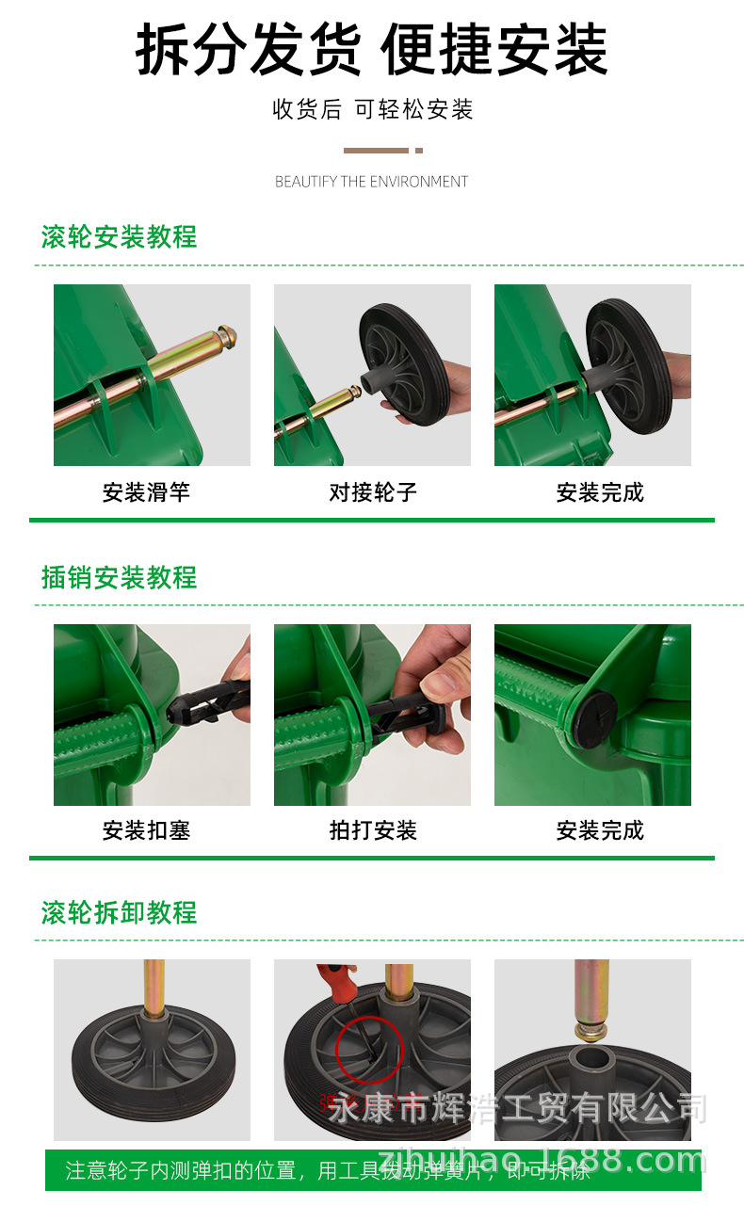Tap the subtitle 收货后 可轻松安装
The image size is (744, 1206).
pos(372,109)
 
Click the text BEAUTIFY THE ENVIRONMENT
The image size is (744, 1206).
pos(371,182)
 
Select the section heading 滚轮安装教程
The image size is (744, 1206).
pos(119,236)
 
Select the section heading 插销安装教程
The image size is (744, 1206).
pos(119,576)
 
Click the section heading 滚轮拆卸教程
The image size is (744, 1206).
pos(119,911)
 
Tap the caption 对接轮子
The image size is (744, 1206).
pos(372,491)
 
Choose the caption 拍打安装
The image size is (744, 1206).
pos(372,830)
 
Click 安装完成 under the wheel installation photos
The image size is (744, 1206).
pos(600,491)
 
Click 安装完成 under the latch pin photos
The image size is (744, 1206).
pos(600,830)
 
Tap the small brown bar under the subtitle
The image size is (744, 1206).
pos(377,151)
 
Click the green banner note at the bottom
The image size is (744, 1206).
pos(372,1170)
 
